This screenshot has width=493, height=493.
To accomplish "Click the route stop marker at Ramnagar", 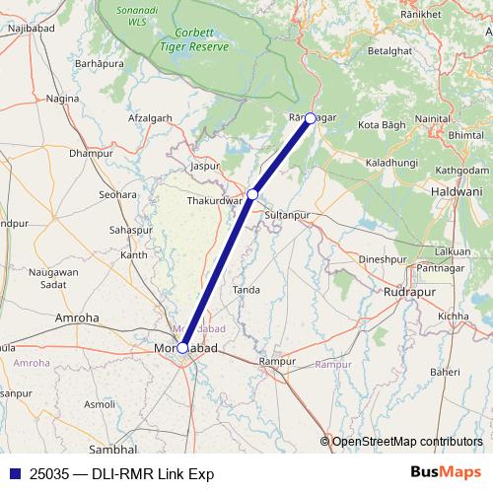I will [311, 118].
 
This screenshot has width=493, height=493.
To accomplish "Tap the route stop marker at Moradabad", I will [183, 347].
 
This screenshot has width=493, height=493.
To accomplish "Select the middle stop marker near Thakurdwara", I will [253, 194].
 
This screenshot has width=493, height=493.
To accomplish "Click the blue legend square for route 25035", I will [11, 472].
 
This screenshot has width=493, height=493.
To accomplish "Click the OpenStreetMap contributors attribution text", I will [407, 441].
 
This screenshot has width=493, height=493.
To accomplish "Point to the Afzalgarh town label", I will [150, 117].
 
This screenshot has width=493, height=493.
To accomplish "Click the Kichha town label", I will [454, 316].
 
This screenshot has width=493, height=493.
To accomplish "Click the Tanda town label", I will [246, 290].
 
